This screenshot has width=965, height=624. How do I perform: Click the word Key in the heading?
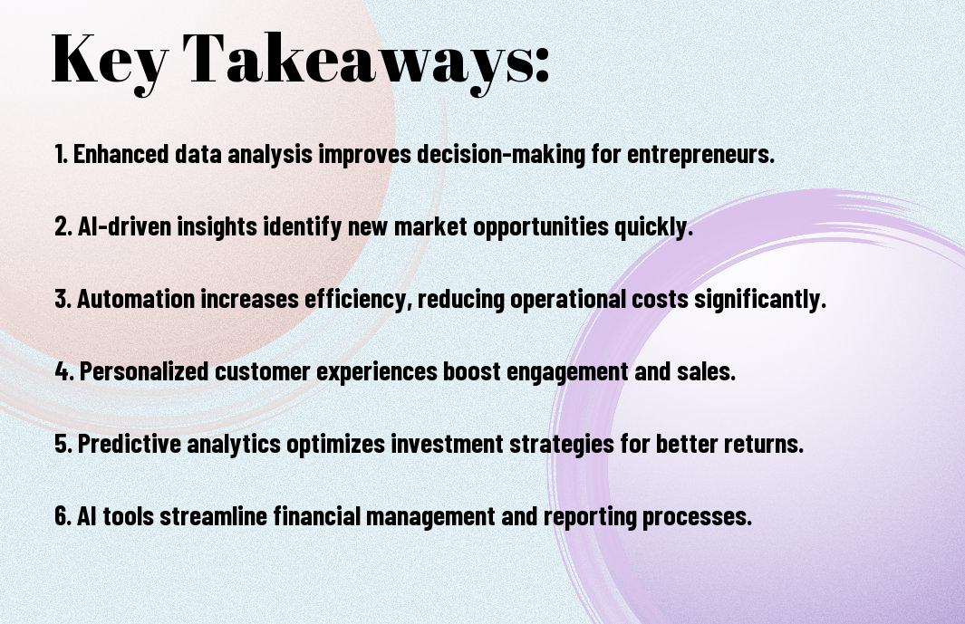[110, 61]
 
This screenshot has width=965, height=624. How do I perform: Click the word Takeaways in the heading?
[350, 61]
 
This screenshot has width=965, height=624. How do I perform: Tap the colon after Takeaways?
[541, 65]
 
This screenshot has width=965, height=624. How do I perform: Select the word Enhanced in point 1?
[121, 154]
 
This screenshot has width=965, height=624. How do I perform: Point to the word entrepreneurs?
[700, 155]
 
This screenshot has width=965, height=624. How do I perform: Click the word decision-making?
[501, 154]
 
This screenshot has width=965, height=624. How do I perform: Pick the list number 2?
[63, 226]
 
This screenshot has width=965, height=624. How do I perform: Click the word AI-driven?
[124, 226]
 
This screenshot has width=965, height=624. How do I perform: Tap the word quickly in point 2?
[653, 226]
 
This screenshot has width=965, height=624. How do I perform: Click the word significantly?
[760, 299]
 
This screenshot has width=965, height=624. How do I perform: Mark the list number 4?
[64, 371]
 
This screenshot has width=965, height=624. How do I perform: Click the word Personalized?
[144, 371]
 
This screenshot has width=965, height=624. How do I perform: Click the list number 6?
[63, 515]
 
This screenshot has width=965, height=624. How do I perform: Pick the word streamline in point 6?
[213, 515]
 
